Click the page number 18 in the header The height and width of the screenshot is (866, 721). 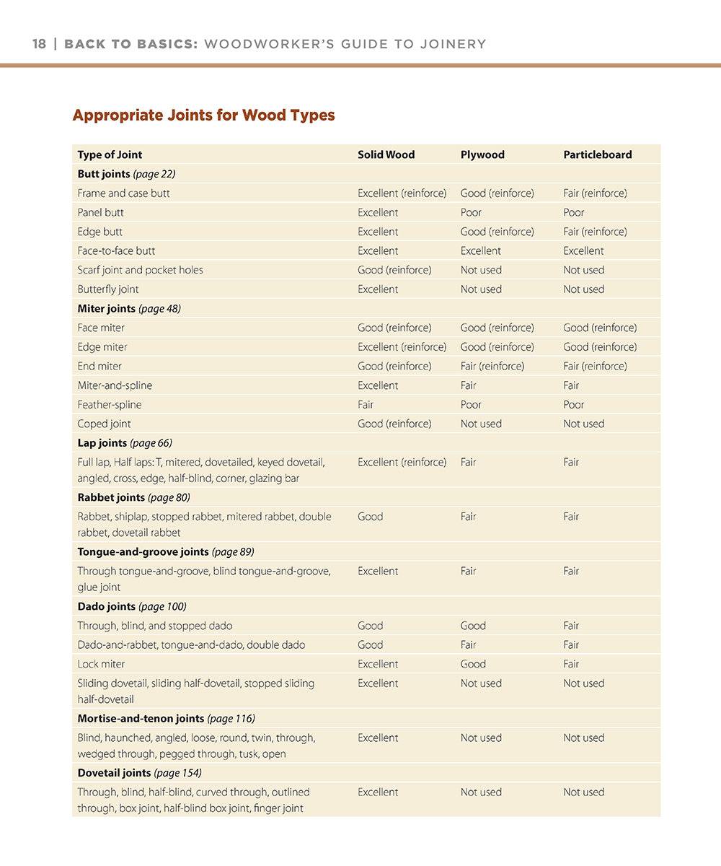click(39, 44)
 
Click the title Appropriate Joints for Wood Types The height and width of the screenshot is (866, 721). click(203, 115)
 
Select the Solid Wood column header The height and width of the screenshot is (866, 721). click(386, 154)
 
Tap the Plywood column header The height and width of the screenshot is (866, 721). click(482, 154)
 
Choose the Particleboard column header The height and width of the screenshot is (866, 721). click(597, 154)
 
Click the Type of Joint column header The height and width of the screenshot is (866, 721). click(110, 154)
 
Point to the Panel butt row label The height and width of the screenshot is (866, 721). click(100, 212)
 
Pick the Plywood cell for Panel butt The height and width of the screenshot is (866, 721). click(471, 212)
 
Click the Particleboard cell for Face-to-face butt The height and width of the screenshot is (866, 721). click(583, 250)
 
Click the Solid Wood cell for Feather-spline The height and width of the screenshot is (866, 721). click(366, 405)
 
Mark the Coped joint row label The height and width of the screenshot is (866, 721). click(104, 424)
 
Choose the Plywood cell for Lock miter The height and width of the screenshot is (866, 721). click(473, 664)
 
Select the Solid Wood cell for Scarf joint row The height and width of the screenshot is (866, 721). click(394, 270)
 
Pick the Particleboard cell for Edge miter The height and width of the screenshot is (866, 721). click(600, 347)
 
